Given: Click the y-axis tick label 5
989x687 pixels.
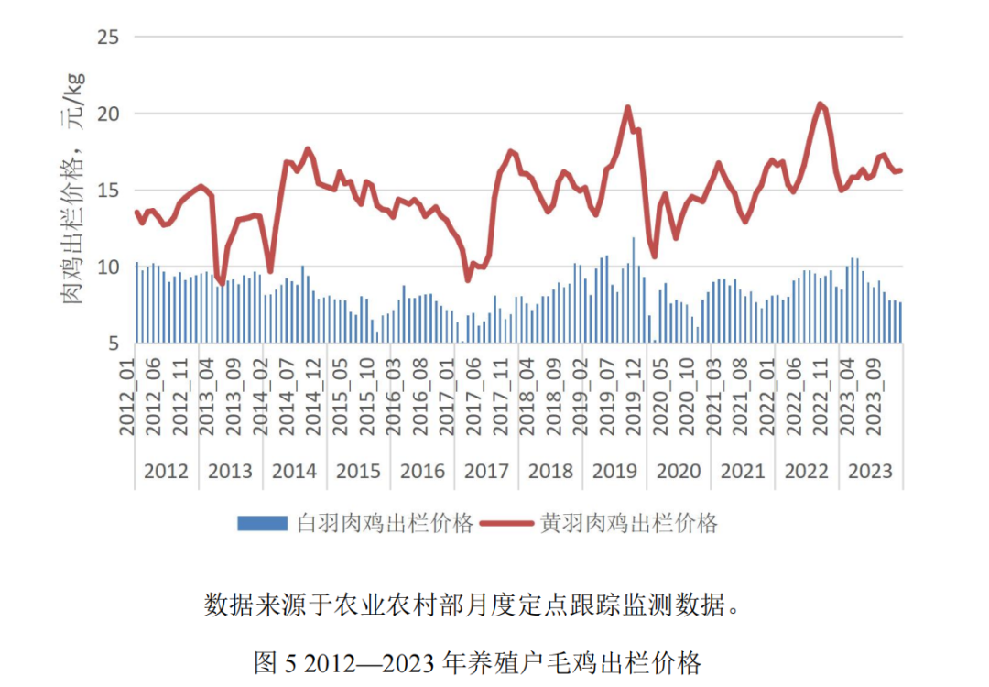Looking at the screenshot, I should point(113,343).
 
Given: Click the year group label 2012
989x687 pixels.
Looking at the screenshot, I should point(166,471).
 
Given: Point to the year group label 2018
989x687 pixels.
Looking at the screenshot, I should point(550,471).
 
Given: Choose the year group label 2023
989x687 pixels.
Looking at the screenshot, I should point(870,471).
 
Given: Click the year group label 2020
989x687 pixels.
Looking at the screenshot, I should point(679,471).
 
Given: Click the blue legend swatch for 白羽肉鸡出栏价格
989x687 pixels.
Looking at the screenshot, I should point(263,523).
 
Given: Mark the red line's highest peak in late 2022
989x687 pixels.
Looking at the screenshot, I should point(820,104).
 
